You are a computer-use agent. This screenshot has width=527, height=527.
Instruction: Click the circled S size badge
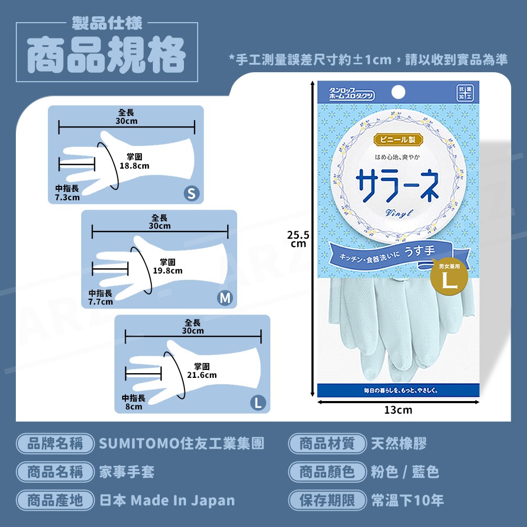pos(192,194)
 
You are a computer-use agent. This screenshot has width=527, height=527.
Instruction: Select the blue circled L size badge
pos(258,403)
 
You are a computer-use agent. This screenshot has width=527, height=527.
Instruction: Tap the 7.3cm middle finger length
pos(67,193)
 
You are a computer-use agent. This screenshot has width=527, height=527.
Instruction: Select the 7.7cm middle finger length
pos(101,298)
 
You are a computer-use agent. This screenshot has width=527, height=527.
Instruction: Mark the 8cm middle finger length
pos(133,402)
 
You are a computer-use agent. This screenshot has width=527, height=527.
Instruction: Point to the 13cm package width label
pos(398,410)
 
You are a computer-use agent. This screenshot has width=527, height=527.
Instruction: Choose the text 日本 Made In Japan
pos(167,500)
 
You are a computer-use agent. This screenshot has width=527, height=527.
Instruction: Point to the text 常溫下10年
pos(407,500)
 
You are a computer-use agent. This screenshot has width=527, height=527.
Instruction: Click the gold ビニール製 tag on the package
pos(398,140)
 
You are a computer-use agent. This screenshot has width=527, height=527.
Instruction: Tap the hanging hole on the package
pos(398,91)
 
